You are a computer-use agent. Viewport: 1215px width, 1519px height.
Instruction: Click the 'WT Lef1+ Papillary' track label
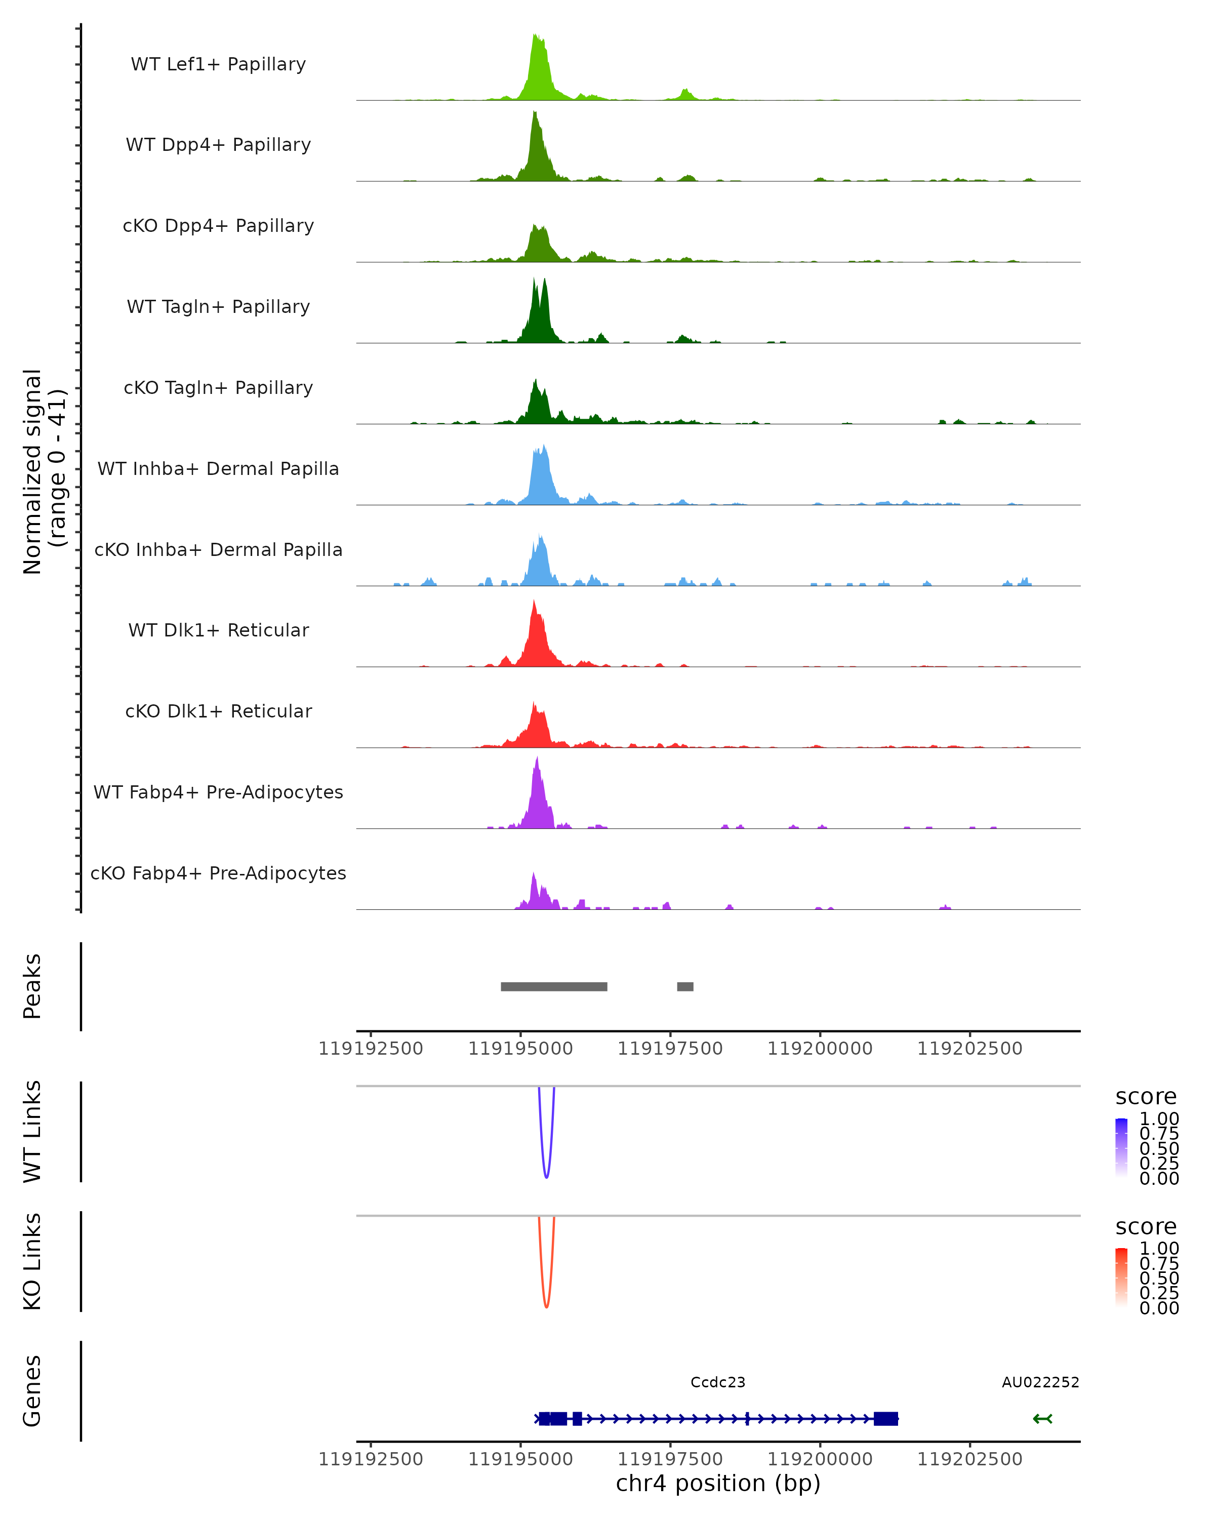click(x=218, y=65)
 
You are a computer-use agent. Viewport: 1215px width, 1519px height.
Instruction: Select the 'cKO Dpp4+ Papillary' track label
click(x=218, y=226)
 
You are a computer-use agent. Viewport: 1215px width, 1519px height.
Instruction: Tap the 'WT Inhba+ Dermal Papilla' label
click(x=218, y=469)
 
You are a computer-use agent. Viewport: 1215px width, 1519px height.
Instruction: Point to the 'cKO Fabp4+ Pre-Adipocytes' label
click(x=218, y=873)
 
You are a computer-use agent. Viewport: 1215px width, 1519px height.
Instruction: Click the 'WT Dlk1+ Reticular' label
click(x=218, y=630)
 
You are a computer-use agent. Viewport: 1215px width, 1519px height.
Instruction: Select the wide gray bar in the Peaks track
click(x=554, y=986)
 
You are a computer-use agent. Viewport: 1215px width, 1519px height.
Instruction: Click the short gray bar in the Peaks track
click(x=684, y=986)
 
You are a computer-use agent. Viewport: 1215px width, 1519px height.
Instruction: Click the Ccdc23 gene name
click(x=718, y=1382)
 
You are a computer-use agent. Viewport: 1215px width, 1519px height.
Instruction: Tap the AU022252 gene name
click(x=1040, y=1382)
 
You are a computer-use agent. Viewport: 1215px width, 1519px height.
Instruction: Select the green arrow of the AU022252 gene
click(x=1042, y=1419)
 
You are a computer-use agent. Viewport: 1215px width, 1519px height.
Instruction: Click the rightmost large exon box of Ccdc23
click(x=885, y=1419)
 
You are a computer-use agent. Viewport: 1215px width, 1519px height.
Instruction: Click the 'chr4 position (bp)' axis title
click(x=718, y=1484)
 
